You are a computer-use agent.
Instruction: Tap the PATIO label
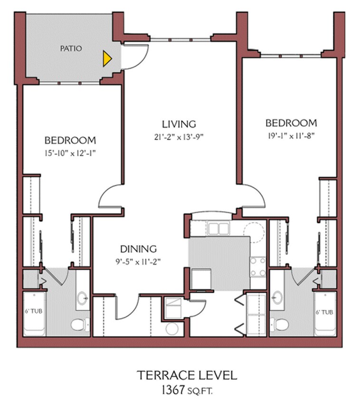(71, 48)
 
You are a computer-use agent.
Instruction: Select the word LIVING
(179, 124)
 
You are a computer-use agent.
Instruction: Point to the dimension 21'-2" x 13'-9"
(179, 137)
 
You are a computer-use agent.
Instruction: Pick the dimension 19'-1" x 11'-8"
(291, 135)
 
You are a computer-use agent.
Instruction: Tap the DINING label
(138, 248)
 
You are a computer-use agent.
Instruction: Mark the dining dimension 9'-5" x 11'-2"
(138, 261)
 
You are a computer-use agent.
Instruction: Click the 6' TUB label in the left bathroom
(34, 312)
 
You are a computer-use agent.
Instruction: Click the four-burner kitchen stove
(258, 267)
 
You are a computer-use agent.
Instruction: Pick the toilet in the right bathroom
(281, 325)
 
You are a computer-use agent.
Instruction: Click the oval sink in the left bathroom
(82, 298)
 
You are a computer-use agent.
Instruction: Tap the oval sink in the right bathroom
(277, 298)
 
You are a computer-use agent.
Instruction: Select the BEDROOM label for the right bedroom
(291, 123)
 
